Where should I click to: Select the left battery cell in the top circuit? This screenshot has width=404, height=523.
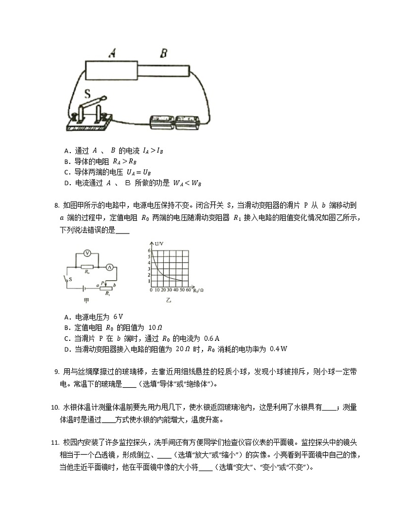(161, 123)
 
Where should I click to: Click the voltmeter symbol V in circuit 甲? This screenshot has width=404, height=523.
(86, 253)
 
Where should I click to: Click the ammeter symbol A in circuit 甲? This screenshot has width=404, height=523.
(108, 267)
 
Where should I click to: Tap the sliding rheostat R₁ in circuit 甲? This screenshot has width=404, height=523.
(107, 288)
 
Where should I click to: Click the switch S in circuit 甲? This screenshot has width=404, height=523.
(67, 279)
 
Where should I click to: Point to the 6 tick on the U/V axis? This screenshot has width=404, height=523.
(149, 251)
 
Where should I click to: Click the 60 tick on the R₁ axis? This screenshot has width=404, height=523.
(188, 289)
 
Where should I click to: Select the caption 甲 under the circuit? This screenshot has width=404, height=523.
(91, 301)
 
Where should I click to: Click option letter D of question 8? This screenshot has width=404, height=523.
(67, 349)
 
